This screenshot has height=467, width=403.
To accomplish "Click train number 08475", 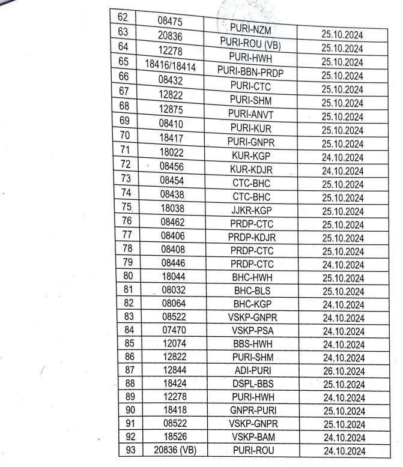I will tap(170, 20).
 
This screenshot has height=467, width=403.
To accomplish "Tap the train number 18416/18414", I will tap(170, 67).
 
